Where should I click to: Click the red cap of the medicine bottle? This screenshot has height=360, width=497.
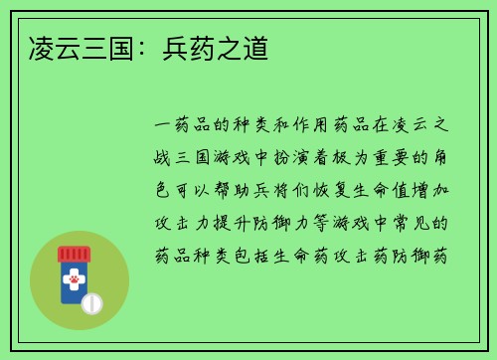pos(74,254)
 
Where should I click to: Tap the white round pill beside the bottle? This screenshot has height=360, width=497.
pos(91,301)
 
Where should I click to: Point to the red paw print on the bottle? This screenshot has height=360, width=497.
pos(74,280)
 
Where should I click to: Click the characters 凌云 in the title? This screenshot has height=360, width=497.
pos(52,46)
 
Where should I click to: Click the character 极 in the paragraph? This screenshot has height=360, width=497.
pos(348,158)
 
